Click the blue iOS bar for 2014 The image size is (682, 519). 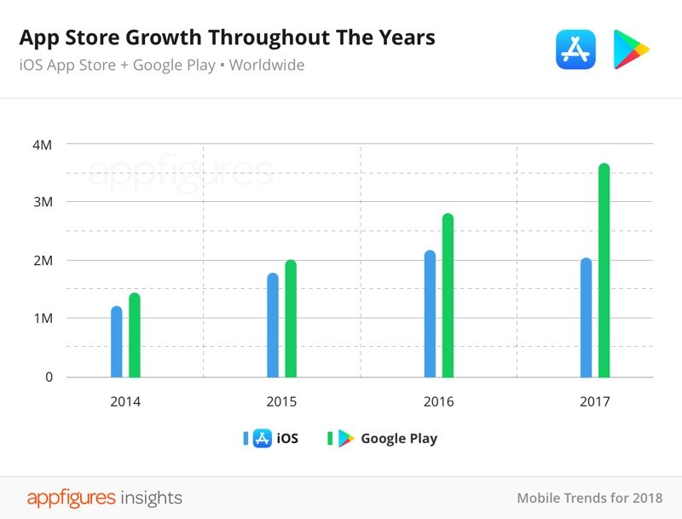coord(116,342)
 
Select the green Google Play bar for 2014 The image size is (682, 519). coord(134,335)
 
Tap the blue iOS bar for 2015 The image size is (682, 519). coord(273,325)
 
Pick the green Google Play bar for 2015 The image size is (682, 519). coord(291,319)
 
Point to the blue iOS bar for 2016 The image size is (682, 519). coord(430,314)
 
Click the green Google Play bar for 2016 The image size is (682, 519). coord(448,296)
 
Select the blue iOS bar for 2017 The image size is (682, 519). coord(586,317)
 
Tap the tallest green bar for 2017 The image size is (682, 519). coord(604,270)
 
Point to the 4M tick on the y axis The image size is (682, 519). coord(43,145)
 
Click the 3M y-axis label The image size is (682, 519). coord(43,203)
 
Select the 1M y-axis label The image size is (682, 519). coord(43,319)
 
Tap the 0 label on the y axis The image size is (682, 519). coord(49,377)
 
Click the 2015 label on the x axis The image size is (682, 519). coord(282,401)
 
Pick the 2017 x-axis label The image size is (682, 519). coord(595,401)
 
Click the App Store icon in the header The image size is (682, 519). coord(575,49)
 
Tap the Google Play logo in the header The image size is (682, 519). coord(631,49)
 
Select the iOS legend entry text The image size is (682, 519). coord(287,439)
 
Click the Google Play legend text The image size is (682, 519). coord(399,439)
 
